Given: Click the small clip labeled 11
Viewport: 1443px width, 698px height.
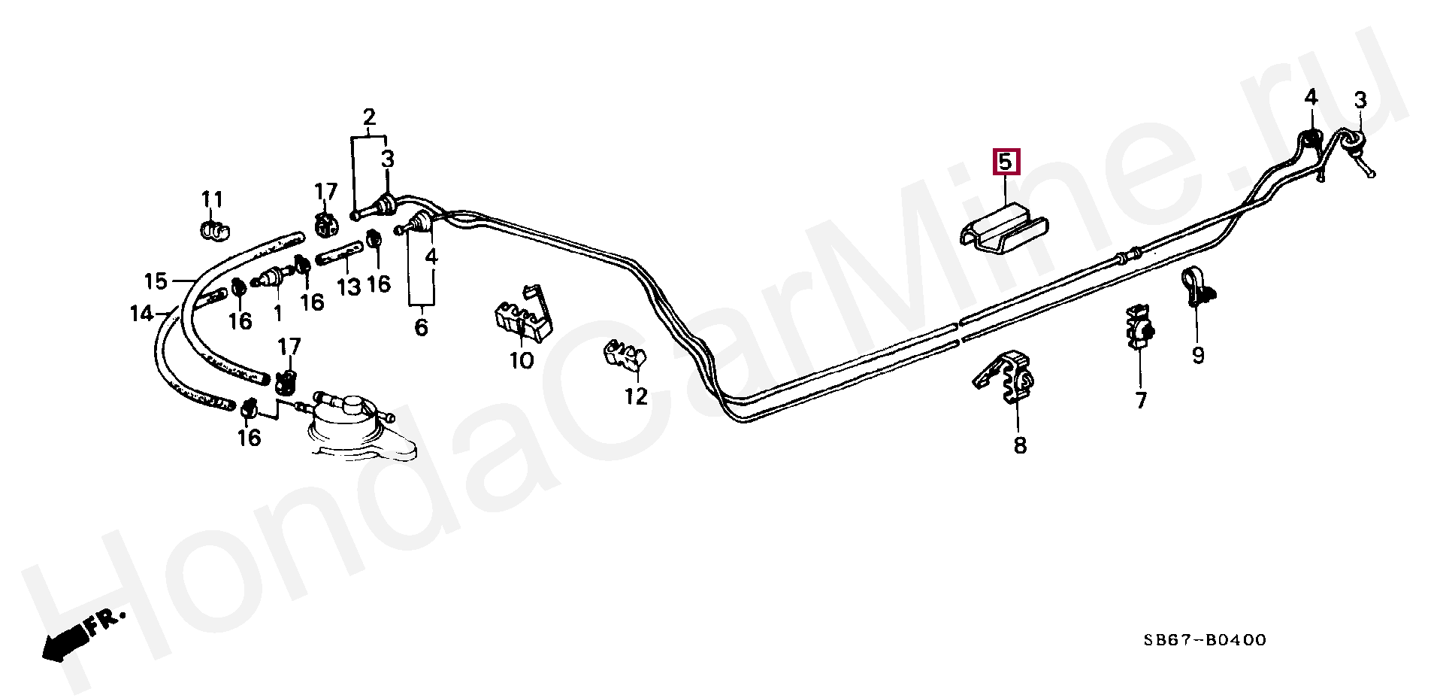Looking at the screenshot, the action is [x=215, y=230].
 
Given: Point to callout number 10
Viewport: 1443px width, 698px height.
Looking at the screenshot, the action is [x=522, y=360].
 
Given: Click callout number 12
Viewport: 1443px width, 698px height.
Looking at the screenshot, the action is [x=636, y=396].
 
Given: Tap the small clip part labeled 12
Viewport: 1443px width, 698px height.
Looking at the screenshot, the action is [x=624, y=355].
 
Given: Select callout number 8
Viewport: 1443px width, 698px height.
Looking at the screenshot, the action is [x=1019, y=445].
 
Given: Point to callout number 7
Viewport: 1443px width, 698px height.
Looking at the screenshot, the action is [x=1141, y=400].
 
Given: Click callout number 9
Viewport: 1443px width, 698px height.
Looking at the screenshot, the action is [x=1198, y=354].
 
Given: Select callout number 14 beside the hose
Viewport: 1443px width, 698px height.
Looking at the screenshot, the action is [x=141, y=313].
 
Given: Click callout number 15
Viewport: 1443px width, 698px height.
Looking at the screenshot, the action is [x=156, y=281].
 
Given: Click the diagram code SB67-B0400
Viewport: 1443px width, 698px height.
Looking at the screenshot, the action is [x=1205, y=640].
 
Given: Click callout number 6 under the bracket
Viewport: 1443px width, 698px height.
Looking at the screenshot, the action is [x=421, y=327].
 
